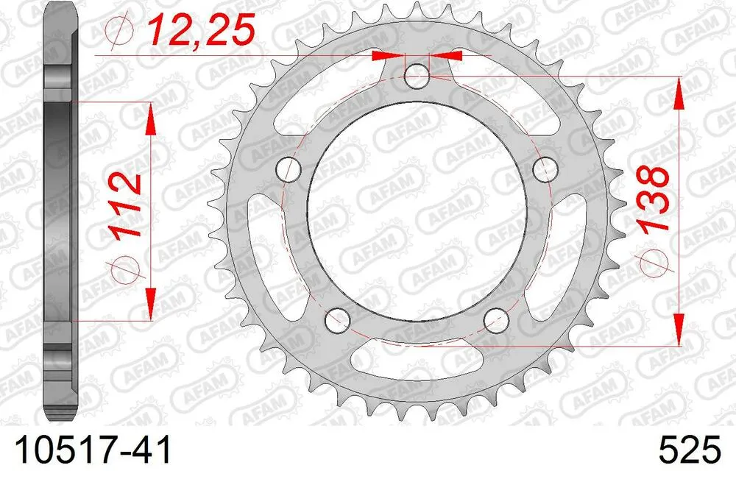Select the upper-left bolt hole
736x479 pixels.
point(289,170)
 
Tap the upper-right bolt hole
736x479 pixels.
point(545,170)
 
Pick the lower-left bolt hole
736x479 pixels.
point(339,319)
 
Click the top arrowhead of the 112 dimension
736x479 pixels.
point(151,118)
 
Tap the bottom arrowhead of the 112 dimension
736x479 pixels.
point(151,306)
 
